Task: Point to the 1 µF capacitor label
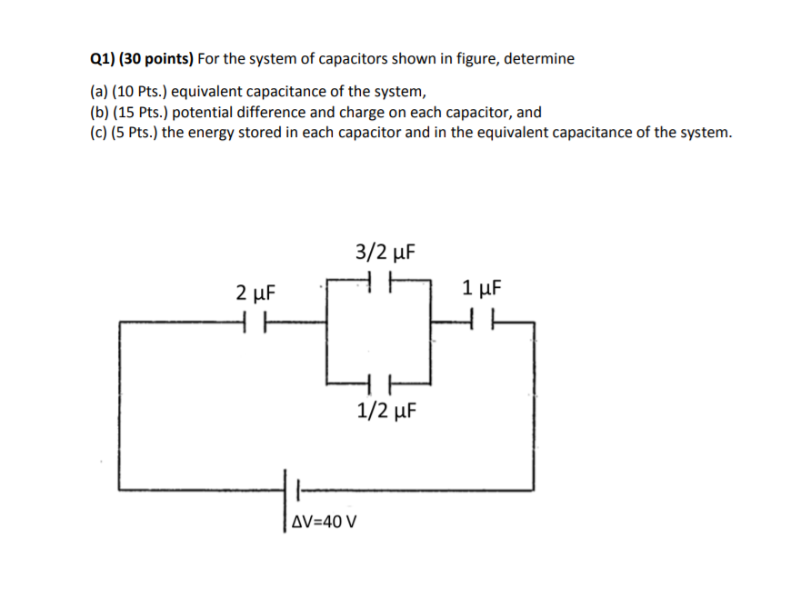tap(481, 290)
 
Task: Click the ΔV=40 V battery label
tap(325, 522)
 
